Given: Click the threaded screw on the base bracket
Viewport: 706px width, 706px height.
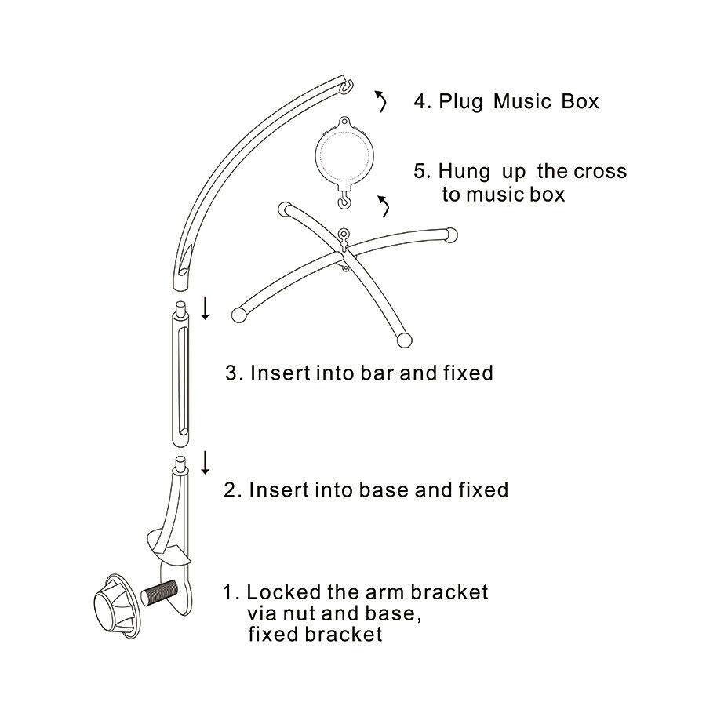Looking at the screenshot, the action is point(159,592).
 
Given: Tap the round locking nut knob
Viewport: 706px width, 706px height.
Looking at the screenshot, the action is point(116,606).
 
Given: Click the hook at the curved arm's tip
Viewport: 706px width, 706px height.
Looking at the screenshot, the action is point(346,86).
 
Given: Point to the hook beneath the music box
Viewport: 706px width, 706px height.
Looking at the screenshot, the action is point(344,198).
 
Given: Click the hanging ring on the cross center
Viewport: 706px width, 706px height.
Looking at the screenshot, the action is point(344,234).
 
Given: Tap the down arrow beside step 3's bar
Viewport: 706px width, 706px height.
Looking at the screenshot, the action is point(206,308).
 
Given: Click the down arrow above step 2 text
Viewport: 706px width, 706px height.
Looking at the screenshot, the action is point(206,462).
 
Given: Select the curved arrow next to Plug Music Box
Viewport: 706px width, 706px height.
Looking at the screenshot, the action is point(381,101).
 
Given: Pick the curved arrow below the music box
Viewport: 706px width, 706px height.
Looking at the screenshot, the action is point(384,206).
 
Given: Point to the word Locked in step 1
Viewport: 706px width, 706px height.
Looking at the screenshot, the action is point(284,592).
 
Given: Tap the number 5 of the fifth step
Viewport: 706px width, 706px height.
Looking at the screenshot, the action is point(422,171).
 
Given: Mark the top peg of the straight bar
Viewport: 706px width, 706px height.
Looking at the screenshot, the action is point(180,310).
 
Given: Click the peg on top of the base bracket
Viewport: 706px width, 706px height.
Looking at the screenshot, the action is point(180,464).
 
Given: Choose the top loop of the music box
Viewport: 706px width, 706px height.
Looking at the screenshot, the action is point(344,122).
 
